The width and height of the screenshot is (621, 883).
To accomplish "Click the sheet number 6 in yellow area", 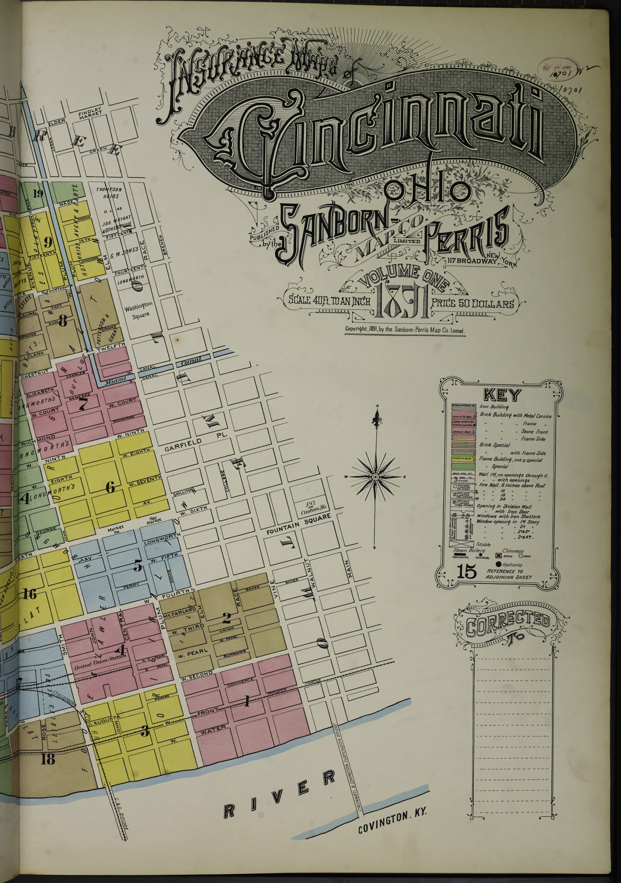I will coord(110,488).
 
